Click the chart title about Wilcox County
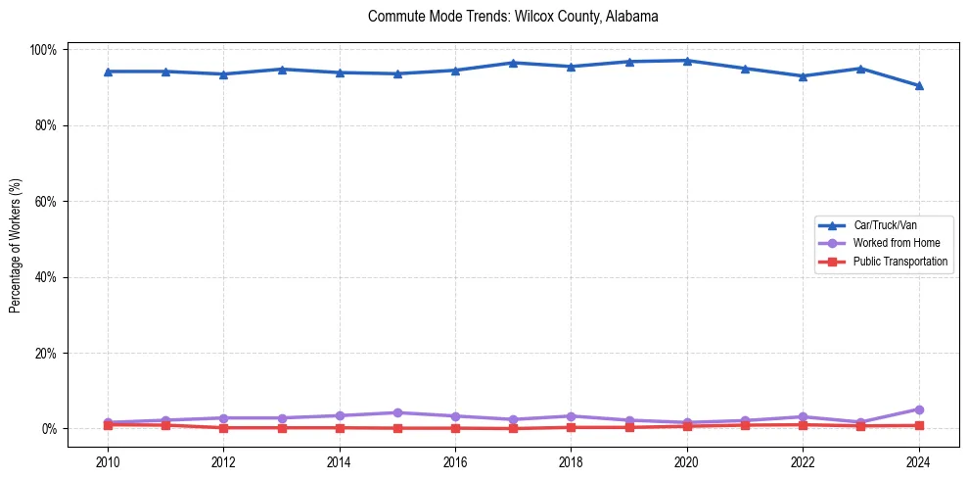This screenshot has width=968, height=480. pyautogui.click(x=513, y=17)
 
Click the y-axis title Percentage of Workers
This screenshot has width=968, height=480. pyautogui.click(x=16, y=239)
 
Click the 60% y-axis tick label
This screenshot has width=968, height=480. pyautogui.click(x=46, y=202)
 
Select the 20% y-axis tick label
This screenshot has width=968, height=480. pyautogui.click(x=46, y=353)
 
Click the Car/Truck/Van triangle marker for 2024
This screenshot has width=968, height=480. pyautogui.click(x=918, y=85)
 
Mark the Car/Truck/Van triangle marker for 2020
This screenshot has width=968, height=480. pyautogui.click(x=687, y=61)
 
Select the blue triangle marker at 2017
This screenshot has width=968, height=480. pyautogui.click(x=513, y=63)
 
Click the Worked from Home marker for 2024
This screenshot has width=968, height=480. pyautogui.click(x=918, y=409)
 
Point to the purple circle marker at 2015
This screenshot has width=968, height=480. pyautogui.click(x=397, y=412)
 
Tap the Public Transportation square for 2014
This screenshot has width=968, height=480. pyautogui.click(x=340, y=427)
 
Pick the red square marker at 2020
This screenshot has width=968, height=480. pyautogui.click(x=687, y=426)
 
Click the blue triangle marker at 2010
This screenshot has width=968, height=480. pyautogui.click(x=108, y=72)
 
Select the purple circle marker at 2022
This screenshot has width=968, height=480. pyautogui.click(x=803, y=416)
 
